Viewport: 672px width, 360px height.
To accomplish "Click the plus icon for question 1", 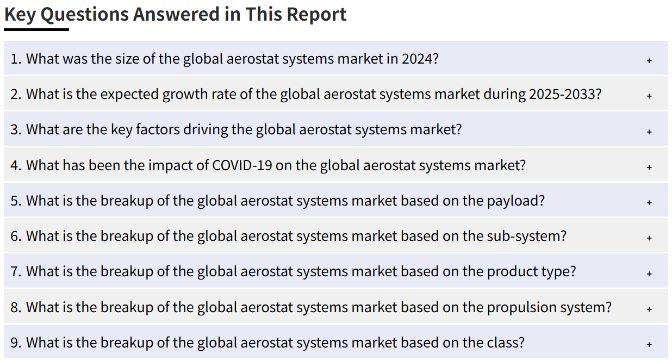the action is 650,60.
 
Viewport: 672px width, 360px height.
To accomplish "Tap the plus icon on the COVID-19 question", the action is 650,167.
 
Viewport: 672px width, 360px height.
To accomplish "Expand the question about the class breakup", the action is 650,344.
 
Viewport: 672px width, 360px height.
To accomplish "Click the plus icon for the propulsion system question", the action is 650,309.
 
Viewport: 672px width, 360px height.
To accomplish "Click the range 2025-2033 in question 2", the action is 565,94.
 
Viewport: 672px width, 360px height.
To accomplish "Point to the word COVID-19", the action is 242,165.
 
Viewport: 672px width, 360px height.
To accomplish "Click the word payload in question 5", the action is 516,201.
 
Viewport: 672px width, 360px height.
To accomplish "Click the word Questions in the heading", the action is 85,14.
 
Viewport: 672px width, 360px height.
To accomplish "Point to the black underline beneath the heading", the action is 36,29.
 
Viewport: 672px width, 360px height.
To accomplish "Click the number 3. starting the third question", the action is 16,130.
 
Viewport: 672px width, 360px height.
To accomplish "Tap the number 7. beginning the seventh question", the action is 16,272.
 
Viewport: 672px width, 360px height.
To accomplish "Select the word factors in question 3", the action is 158,130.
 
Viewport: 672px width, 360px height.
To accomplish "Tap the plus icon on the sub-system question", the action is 650,238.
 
